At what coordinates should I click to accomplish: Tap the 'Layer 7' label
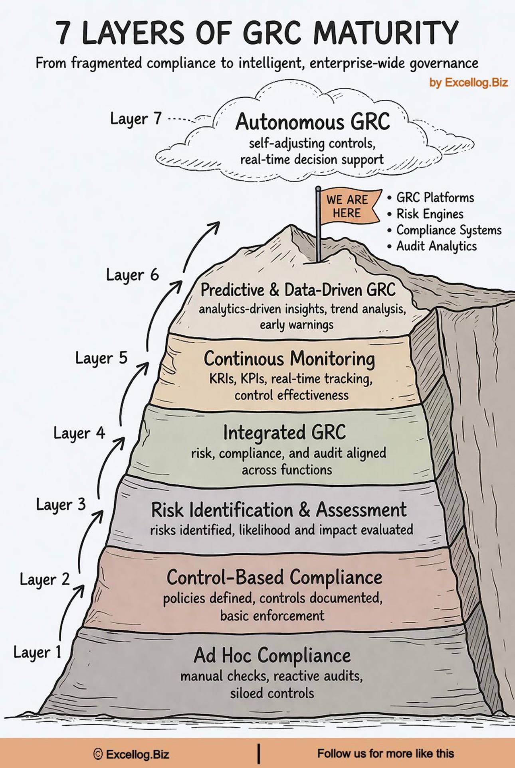click(x=136, y=119)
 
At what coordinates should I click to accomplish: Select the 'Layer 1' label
click(x=37, y=652)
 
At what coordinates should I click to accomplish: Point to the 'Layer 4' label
click(x=79, y=433)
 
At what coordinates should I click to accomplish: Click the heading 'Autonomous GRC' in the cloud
click(x=312, y=122)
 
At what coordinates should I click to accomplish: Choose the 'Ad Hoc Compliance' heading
click(x=272, y=656)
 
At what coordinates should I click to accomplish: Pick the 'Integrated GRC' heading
click(x=284, y=432)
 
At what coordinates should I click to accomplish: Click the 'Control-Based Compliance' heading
click(x=274, y=577)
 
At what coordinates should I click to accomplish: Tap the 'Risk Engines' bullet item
click(x=430, y=214)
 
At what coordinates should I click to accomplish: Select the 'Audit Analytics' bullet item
click(x=436, y=246)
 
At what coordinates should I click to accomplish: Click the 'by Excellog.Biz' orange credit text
click(x=468, y=83)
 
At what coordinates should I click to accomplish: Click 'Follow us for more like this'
click(x=385, y=753)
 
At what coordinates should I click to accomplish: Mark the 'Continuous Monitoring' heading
click(x=289, y=358)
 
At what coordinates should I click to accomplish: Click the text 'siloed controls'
click(x=272, y=693)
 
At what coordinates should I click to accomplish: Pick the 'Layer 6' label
click(x=132, y=275)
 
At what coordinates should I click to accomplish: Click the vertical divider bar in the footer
click(x=259, y=753)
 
